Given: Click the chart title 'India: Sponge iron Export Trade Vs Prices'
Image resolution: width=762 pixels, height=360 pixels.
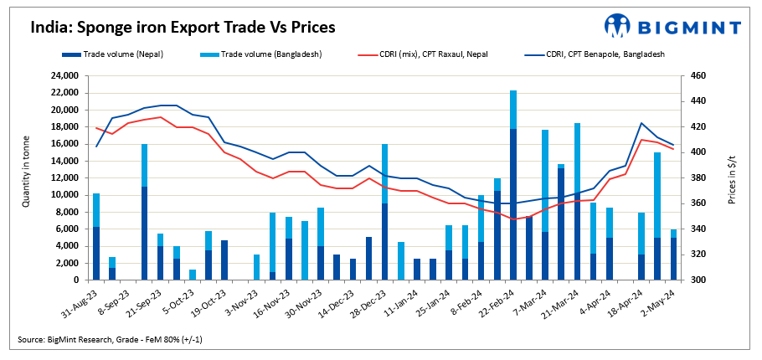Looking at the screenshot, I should coord(183,27).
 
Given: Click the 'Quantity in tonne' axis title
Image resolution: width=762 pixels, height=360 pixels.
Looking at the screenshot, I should coord(26,177).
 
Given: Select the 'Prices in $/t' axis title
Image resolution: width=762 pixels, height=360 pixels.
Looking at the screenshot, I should coord(732,177).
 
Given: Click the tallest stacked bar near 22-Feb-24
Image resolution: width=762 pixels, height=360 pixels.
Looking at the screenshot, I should coord(513,185).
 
